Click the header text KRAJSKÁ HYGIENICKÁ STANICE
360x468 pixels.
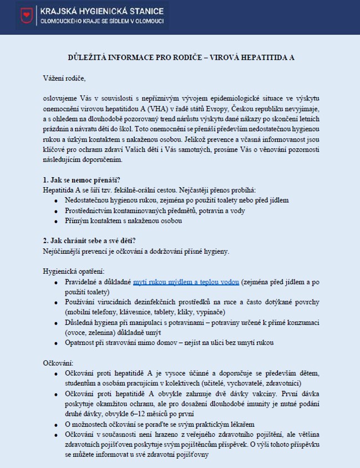tap(101, 10)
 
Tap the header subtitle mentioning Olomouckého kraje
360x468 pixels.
tap(101, 21)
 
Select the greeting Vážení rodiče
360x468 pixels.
tap(64, 78)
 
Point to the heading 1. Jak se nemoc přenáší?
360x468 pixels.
tap(81, 180)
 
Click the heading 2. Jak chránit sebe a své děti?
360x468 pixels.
tap(89, 240)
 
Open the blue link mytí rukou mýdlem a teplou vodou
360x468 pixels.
tap(186, 282)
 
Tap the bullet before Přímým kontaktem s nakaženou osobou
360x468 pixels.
tap(56, 222)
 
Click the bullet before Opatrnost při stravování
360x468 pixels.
tap(56, 343)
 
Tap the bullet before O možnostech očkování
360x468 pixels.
tap(56, 424)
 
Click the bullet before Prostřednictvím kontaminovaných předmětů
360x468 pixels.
tap(56, 211)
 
